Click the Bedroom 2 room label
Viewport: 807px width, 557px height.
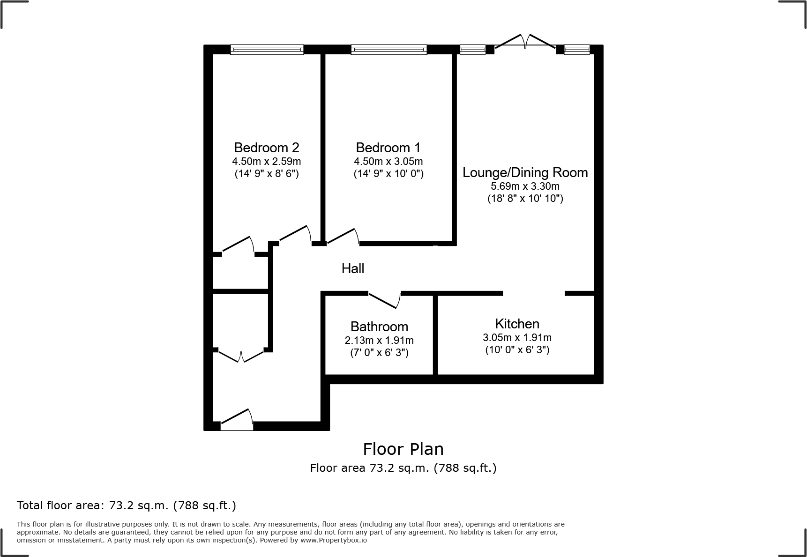266,148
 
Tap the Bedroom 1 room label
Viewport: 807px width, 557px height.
388,148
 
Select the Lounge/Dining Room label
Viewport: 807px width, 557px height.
525,172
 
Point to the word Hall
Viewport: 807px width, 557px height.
352,268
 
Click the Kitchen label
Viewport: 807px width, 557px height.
517,324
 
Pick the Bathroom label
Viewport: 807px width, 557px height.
379,327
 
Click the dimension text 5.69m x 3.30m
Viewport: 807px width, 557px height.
525,186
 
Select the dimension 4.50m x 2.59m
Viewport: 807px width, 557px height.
266,162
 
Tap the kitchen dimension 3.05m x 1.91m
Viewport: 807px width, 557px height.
517,337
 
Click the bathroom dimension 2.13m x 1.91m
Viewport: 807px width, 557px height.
379,341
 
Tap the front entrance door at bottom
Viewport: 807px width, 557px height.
237,420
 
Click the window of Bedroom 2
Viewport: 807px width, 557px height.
267,50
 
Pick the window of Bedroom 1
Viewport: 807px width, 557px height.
389,50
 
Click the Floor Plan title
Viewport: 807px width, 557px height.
403,449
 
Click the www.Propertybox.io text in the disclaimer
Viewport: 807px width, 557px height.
333,540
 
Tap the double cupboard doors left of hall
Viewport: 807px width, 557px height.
241,356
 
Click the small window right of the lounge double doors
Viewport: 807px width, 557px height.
576,50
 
